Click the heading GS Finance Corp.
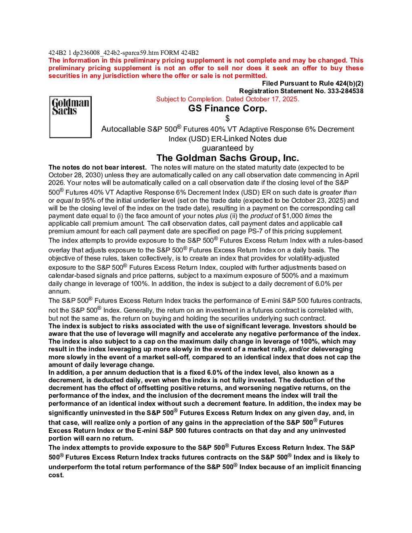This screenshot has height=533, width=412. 227,108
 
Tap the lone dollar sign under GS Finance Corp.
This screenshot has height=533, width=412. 227,118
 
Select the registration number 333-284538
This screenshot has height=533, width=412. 345,91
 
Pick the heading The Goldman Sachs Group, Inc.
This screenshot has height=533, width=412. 227,158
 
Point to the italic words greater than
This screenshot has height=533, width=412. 338,192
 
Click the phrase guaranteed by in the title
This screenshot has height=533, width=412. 227,148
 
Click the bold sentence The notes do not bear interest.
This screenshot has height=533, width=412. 97,167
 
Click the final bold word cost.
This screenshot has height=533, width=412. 56,475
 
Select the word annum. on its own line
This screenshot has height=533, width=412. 59,291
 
